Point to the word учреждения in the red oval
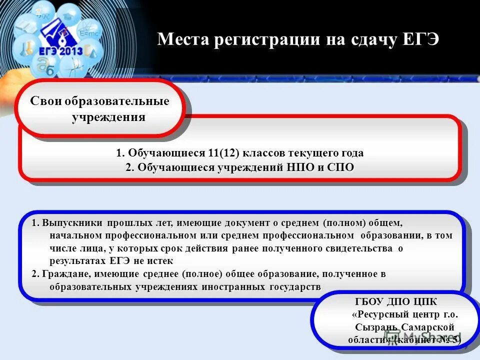click(x=108, y=117)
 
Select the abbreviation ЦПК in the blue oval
click(x=425, y=302)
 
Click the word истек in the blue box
click(x=161, y=261)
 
